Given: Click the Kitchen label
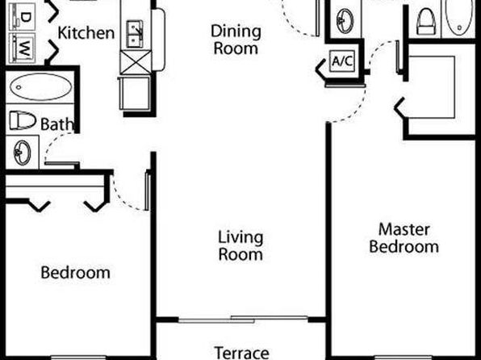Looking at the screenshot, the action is pyautogui.click(x=86, y=33).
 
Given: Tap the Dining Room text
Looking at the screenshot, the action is pyautogui.click(x=236, y=40).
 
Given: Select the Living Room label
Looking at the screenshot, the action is pyautogui.click(x=240, y=246).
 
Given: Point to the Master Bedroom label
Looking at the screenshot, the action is pyautogui.click(x=404, y=238).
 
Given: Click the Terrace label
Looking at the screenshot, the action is pyautogui.click(x=242, y=353).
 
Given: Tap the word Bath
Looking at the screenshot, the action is pyautogui.click(x=57, y=124).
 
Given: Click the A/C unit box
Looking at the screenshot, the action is pyautogui.click(x=342, y=61).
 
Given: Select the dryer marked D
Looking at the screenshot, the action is pyautogui.click(x=22, y=17).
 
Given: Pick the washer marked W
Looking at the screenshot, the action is pyautogui.click(x=22, y=48).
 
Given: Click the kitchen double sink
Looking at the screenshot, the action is pyautogui.click(x=135, y=34).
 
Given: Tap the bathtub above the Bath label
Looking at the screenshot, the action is pyautogui.click(x=41, y=87).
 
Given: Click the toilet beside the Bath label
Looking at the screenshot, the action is pyautogui.click(x=23, y=120).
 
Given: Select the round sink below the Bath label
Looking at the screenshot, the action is pyautogui.click(x=23, y=153).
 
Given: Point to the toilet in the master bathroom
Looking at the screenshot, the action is pyautogui.click(x=426, y=21).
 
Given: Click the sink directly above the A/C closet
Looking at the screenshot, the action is pyautogui.click(x=345, y=21).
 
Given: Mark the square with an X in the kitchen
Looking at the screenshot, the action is pyautogui.click(x=136, y=63).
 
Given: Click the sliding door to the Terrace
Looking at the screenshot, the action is pyautogui.click(x=243, y=319).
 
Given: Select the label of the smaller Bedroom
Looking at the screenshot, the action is pyautogui.click(x=76, y=272).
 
